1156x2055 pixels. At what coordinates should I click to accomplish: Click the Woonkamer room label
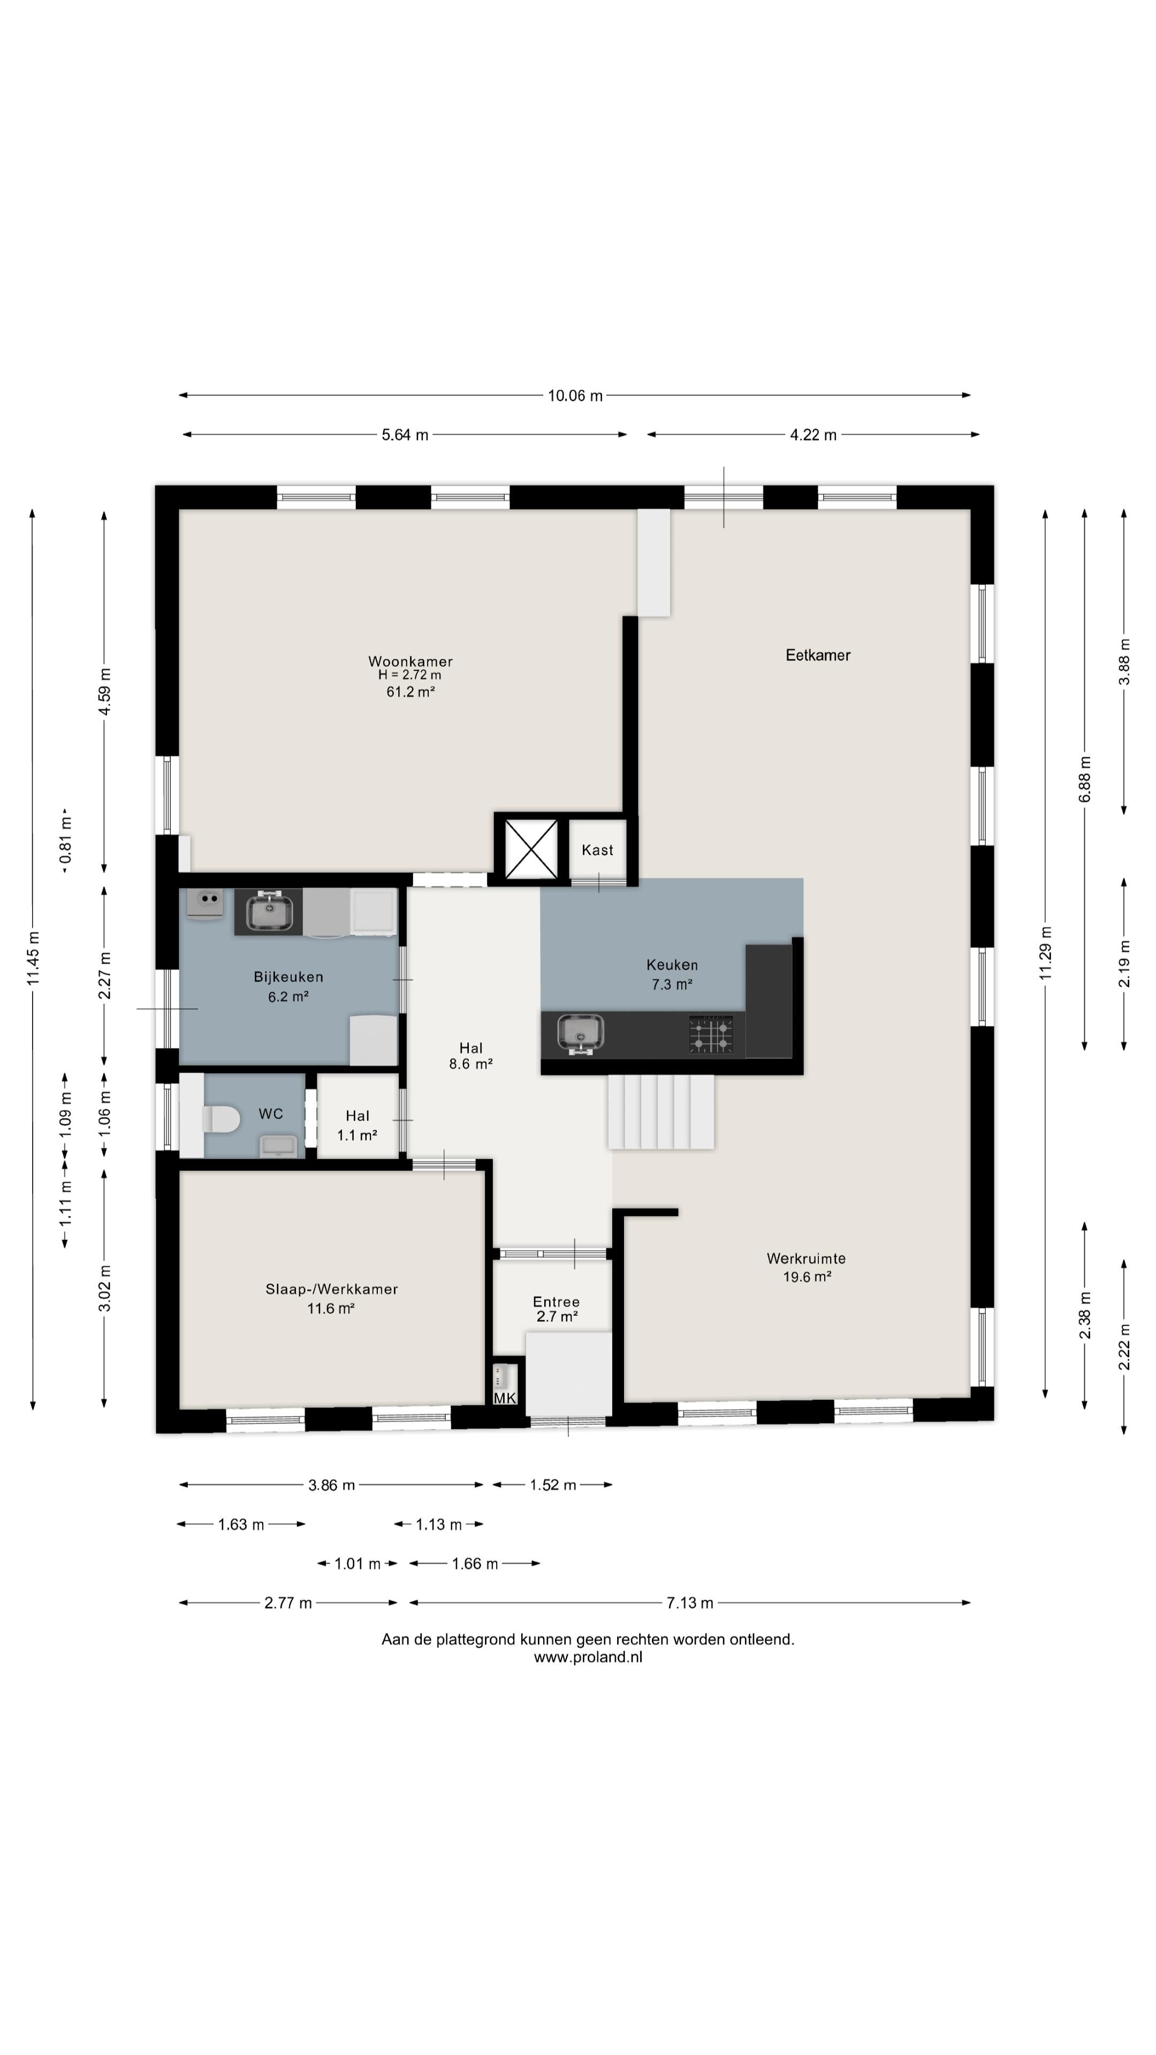(410, 661)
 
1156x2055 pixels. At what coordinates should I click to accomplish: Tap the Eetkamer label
(818, 655)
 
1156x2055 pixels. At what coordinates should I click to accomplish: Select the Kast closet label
(598, 850)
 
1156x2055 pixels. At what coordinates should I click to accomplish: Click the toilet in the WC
(222, 1118)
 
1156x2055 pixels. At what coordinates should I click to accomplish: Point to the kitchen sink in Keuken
(580, 1034)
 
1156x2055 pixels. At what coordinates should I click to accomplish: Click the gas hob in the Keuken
(711, 1034)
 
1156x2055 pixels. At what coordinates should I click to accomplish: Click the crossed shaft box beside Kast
(531, 849)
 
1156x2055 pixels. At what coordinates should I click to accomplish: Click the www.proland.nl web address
(588, 1657)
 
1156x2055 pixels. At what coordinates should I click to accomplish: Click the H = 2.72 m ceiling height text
(409, 675)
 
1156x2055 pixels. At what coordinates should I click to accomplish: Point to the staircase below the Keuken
(660, 1112)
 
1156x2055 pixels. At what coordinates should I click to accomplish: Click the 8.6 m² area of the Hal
(471, 1063)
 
